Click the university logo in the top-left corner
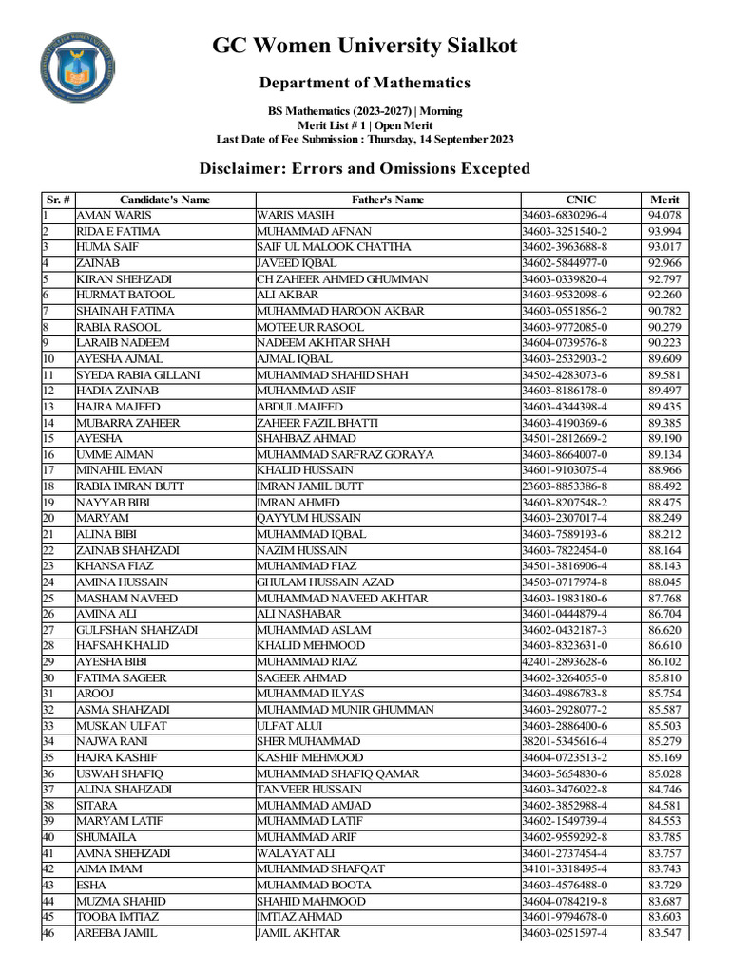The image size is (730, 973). [80, 69]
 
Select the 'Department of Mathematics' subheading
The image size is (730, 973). [365, 83]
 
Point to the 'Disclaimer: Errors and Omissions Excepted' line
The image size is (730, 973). [364, 169]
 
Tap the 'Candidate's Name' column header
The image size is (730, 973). [164, 200]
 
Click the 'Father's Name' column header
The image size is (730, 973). [388, 200]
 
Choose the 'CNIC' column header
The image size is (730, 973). [579, 200]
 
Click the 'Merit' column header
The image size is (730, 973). [664, 200]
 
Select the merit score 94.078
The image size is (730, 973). [664, 216]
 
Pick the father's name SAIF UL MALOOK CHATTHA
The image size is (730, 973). [334, 247]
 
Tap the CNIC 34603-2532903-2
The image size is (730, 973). [566, 359]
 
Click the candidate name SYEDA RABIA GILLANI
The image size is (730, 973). [138, 374]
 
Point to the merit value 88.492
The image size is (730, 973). [664, 486]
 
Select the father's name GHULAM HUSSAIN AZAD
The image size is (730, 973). [324, 582]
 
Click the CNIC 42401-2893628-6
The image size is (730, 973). [566, 661]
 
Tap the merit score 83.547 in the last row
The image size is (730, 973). [664, 933]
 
